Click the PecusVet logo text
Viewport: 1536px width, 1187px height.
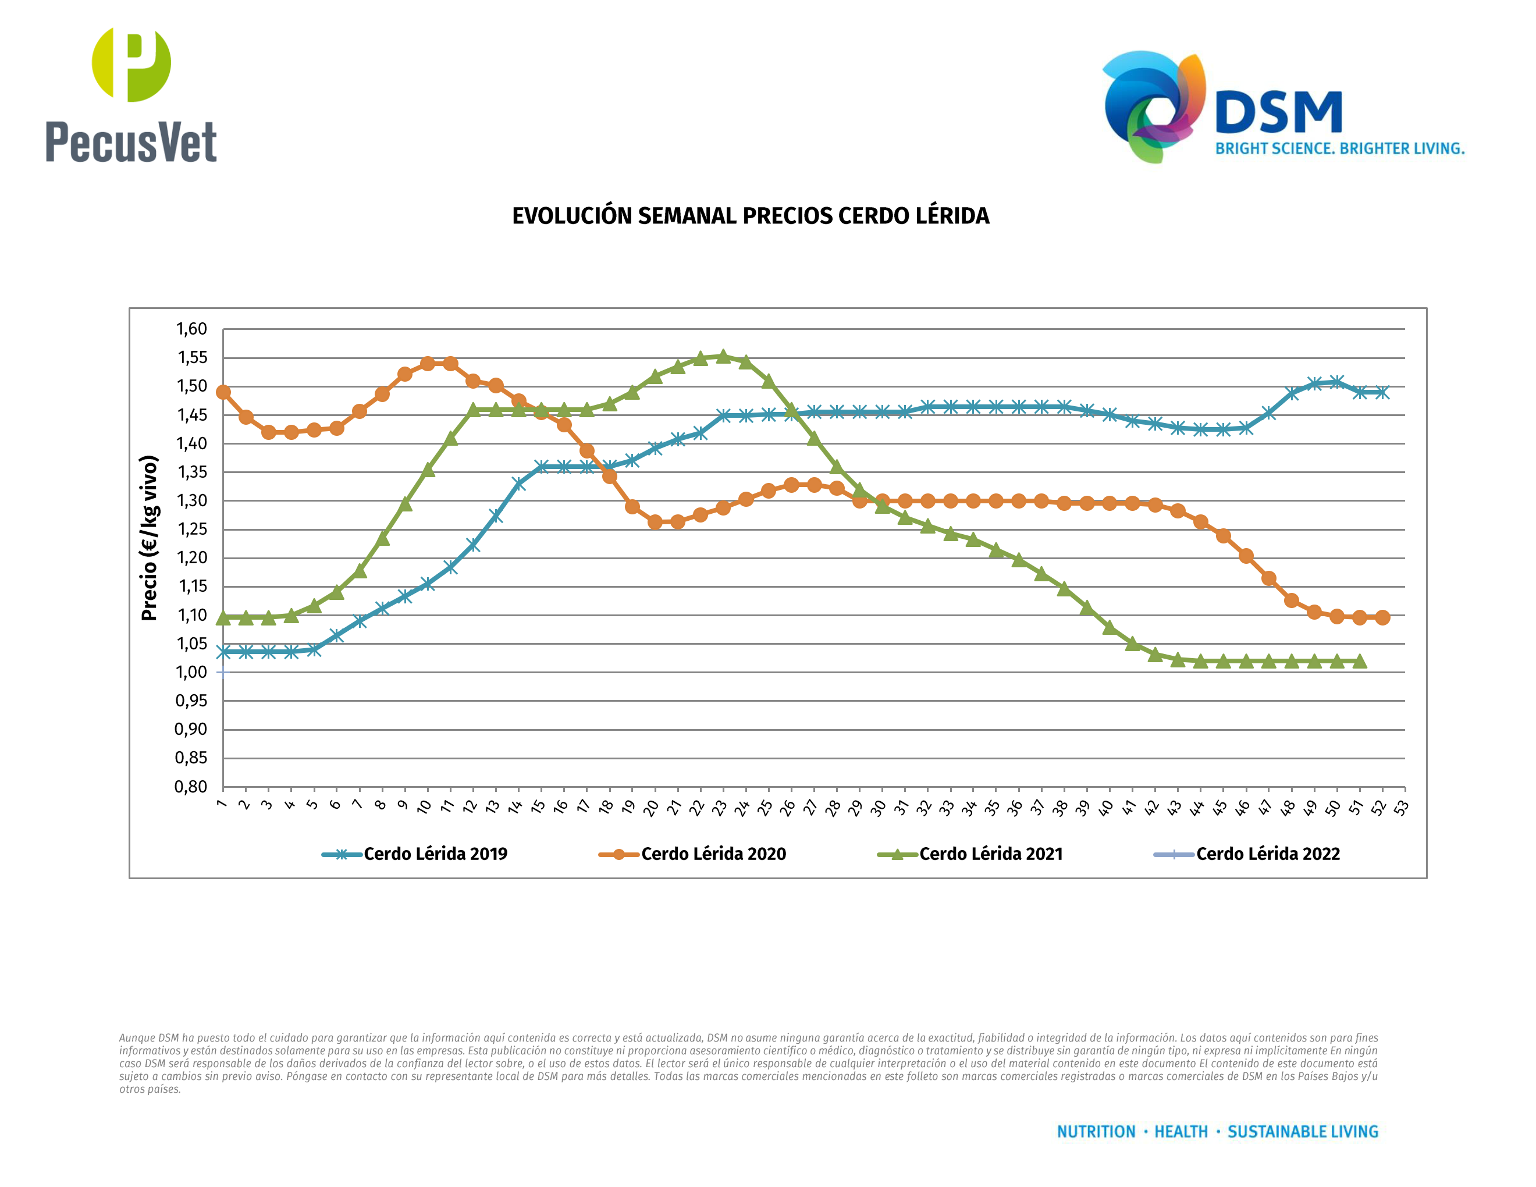[x=131, y=142]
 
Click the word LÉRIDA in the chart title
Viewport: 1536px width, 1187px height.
[x=951, y=216]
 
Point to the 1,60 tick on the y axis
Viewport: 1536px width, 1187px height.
[x=191, y=329]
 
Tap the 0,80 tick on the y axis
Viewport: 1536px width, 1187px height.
[x=191, y=786]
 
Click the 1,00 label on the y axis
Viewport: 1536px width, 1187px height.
[x=191, y=672]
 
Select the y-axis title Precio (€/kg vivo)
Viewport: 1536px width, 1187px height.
[x=150, y=538]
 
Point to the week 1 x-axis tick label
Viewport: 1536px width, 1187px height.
[x=222, y=804]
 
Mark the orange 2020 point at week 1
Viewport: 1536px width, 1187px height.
[x=223, y=392]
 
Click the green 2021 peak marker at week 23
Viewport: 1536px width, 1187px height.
[x=723, y=357]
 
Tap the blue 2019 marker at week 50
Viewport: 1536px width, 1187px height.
[x=1337, y=382]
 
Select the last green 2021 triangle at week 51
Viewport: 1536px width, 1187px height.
[x=1360, y=661]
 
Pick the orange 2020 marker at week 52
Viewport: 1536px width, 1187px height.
[x=1382, y=617]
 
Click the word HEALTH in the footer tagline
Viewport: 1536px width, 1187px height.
[x=1181, y=1132]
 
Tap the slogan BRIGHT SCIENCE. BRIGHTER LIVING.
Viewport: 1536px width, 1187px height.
[x=1339, y=149]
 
